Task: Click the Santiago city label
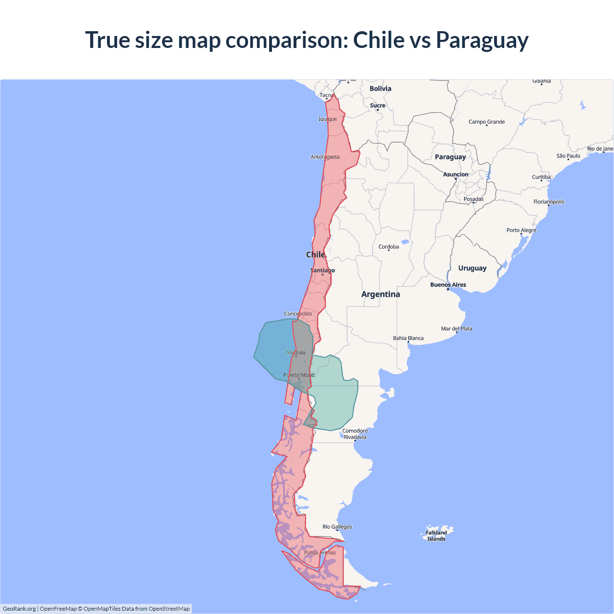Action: pos(322,271)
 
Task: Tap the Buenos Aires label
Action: pos(448,285)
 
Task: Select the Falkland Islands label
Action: pos(436,536)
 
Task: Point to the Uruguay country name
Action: pos(472,268)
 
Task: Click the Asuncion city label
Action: pos(456,175)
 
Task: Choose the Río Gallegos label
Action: pos(337,527)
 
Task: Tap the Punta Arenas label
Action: pos(320,553)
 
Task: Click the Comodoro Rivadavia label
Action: pos(355,434)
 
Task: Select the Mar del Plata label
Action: pos(457,329)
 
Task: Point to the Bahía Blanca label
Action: pos(408,338)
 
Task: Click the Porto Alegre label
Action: pos(521,230)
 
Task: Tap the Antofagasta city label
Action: pos(325,157)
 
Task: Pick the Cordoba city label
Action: pos(389,247)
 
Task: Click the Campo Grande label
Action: pos(486,122)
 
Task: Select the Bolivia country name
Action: pos(380,89)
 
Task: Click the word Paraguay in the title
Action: pos(482,40)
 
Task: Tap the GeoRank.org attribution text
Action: pos(19,609)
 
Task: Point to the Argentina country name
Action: pos(380,295)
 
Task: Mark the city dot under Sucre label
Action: pos(378,110)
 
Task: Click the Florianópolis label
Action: pos(549,202)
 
